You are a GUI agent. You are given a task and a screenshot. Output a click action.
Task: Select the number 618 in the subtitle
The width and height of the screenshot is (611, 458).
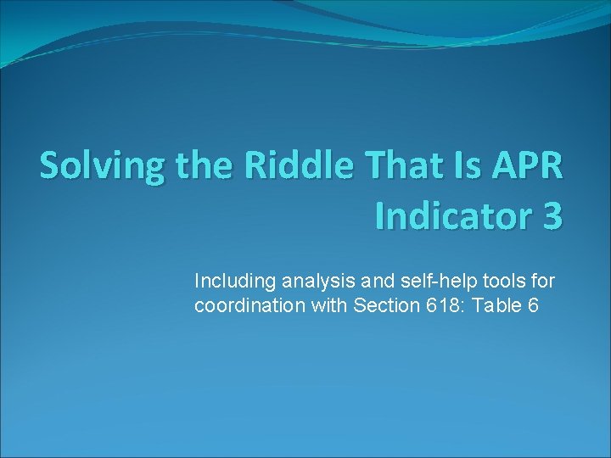click(x=433, y=305)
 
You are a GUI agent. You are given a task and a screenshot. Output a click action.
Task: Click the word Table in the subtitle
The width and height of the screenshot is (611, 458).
click(x=490, y=305)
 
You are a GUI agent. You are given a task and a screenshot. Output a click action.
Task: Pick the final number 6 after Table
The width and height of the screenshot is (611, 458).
click(x=532, y=305)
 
